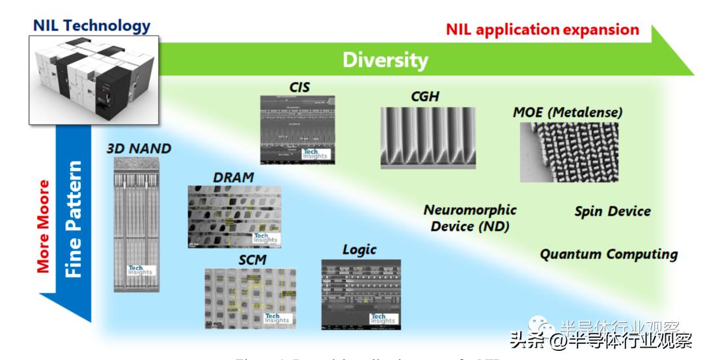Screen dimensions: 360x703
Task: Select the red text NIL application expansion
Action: point(542,29)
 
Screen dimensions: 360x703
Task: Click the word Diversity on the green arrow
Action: point(385,60)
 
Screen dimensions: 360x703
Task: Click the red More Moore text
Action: point(44,226)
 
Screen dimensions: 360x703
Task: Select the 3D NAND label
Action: point(139,149)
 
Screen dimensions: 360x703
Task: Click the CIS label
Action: point(299,87)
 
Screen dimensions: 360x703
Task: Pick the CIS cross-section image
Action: point(298,128)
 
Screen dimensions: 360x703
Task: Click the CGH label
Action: point(425,96)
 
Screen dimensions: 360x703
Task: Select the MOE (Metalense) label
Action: point(568,112)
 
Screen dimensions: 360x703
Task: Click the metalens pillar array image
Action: point(569,152)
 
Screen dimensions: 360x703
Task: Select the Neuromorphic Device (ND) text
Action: point(469,218)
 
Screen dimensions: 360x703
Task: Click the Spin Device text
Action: point(613,212)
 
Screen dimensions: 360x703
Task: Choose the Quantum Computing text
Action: point(609,254)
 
